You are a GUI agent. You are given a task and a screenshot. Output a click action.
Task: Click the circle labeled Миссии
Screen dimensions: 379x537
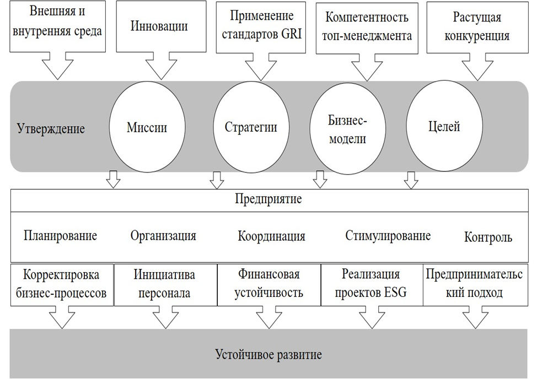tap(147, 128)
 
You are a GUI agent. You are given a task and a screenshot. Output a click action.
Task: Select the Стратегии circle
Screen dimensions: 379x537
tap(250, 128)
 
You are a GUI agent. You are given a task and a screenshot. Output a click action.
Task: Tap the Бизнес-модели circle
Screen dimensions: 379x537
tap(347, 129)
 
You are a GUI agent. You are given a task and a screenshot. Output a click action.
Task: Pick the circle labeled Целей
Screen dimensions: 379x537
tap(444, 127)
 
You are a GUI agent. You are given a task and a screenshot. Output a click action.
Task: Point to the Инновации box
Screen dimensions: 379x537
tap(159, 26)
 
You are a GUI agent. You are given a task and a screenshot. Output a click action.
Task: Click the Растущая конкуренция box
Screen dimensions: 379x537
tap(477, 26)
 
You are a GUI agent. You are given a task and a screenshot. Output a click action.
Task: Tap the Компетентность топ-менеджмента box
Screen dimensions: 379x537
tap(367, 26)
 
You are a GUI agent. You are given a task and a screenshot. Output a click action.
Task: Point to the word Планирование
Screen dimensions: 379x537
tap(61, 236)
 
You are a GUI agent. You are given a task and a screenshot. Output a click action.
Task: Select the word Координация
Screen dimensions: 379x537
tap(271, 236)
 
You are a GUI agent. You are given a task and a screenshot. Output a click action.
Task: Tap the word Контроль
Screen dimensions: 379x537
tap(488, 237)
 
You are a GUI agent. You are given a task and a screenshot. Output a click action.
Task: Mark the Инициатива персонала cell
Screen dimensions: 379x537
tap(165, 283)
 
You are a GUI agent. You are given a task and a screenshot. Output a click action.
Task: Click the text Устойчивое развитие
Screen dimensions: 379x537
tap(268, 354)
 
